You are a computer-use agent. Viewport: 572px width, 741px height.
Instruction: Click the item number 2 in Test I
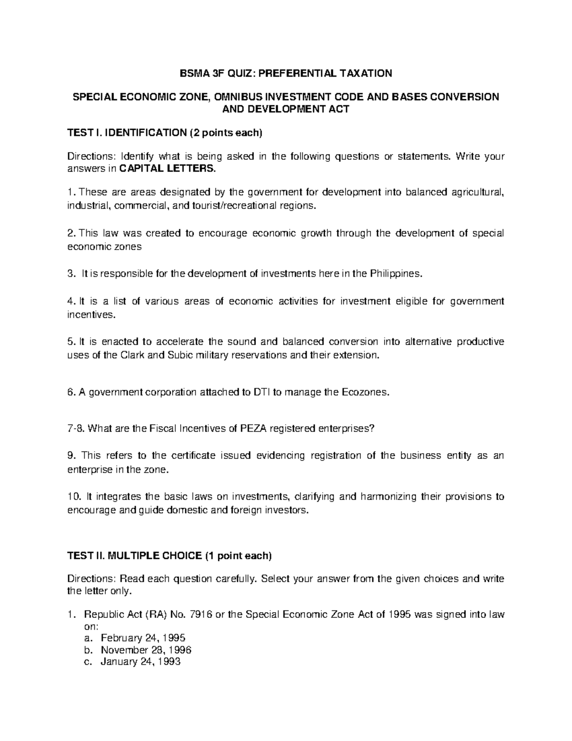pos(71,233)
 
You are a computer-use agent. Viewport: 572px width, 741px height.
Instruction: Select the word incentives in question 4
pos(84,315)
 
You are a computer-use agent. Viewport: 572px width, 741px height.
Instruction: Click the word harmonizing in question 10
pos(388,497)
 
